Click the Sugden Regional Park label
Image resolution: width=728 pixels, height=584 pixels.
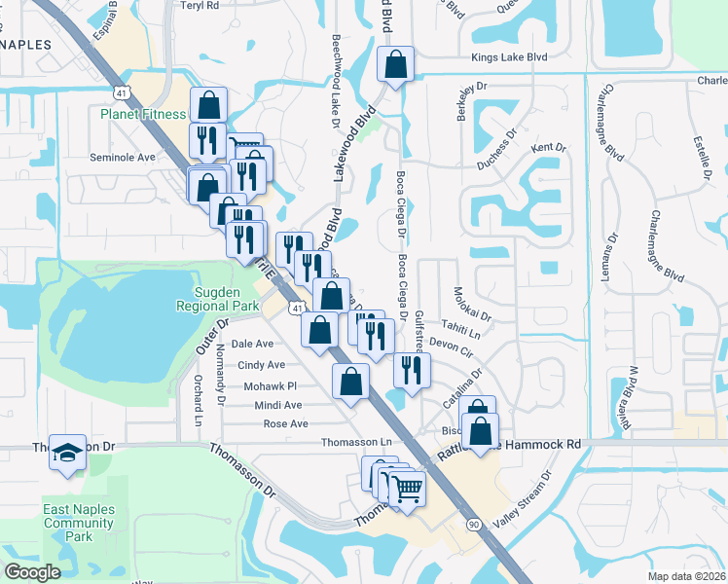click(x=218, y=298)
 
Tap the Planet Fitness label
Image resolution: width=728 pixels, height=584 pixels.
click(x=143, y=114)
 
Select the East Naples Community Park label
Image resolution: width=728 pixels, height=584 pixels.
click(x=80, y=523)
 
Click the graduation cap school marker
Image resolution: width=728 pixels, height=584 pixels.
click(x=67, y=453)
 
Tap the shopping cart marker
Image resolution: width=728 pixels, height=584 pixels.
click(x=408, y=490)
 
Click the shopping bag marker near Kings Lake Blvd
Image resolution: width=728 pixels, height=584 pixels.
click(x=395, y=66)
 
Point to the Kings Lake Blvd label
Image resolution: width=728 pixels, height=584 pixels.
click(x=509, y=58)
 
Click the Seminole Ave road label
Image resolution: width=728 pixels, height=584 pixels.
click(x=123, y=157)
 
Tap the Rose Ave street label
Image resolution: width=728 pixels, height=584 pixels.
click(x=285, y=423)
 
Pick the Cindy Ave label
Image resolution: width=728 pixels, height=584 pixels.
click(x=262, y=365)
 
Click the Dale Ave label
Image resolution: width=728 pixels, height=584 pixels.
click(x=252, y=344)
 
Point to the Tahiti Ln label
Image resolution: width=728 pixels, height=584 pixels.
click(x=461, y=327)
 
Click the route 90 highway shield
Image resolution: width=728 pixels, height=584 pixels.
click(x=474, y=525)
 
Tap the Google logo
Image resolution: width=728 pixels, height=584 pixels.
click(x=32, y=572)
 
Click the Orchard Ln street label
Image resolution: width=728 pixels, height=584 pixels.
click(x=198, y=400)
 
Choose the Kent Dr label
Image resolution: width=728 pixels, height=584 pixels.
click(x=548, y=148)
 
